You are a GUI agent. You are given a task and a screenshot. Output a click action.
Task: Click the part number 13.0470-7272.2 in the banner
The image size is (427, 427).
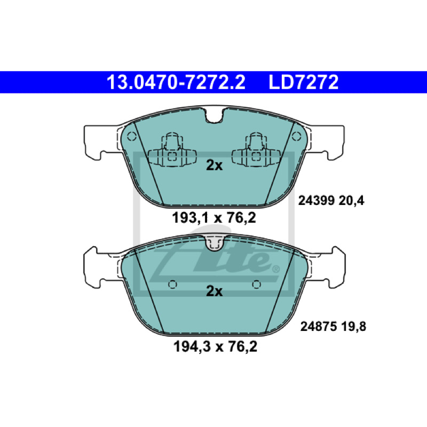click(x=176, y=82)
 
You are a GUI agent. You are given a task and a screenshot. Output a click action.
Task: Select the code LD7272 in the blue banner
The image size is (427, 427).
click(x=303, y=82)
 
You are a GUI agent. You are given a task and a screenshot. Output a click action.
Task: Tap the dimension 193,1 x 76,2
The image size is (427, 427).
click(x=214, y=218)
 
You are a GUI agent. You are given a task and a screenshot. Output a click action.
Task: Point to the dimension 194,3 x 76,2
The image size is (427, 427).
click(x=215, y=346)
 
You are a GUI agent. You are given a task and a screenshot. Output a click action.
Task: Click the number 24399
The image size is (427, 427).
click(x=316, y=201)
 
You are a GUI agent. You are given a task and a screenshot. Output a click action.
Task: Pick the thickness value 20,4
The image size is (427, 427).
click(x=352, y=201)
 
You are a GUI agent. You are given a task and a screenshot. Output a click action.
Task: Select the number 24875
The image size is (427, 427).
click(x=318, y=326)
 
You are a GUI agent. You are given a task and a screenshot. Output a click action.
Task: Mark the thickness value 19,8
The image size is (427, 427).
click(x=354, y=327)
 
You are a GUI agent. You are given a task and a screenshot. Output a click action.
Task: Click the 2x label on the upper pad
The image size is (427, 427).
click(x=215, y=165)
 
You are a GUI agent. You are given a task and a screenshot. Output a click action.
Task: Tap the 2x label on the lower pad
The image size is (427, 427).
click(x=215, y=291)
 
